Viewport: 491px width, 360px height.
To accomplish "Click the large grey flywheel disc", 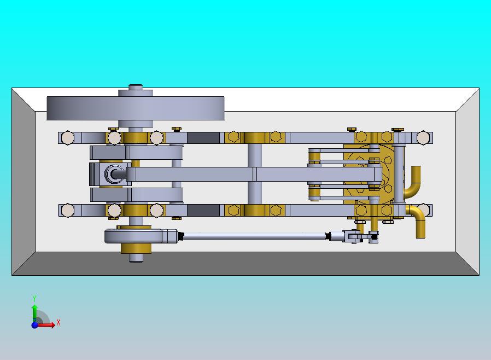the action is point(135,108).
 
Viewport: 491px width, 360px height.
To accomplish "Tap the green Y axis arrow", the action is point(34,312).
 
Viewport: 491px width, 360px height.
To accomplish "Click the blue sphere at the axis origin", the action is point(34,325).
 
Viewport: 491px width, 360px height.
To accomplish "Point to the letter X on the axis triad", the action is point(59,322).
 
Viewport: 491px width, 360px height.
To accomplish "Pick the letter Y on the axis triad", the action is point(34,298).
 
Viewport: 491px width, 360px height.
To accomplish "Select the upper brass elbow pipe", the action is point(413,182).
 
